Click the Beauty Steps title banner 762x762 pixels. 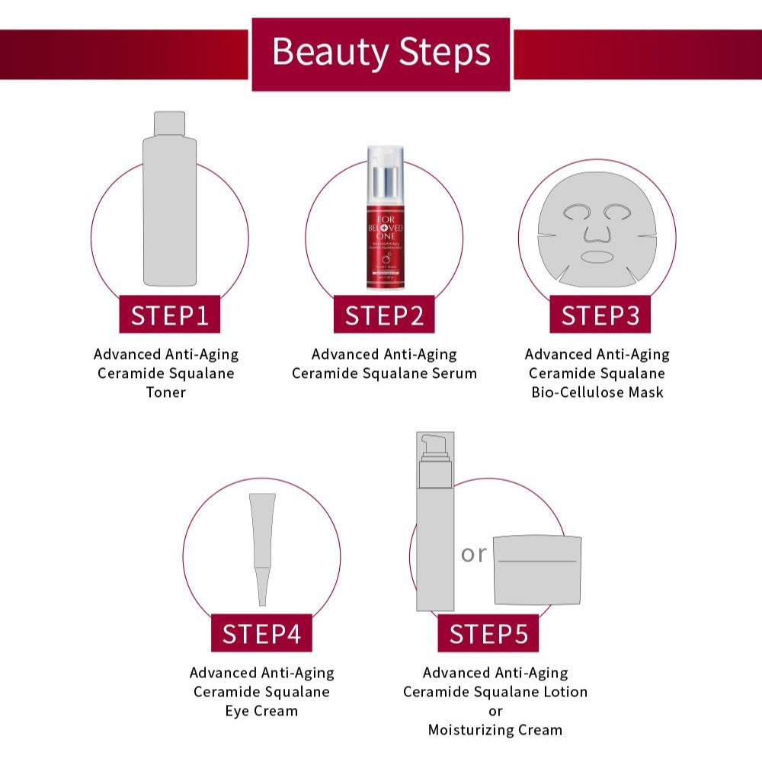coord(380,53)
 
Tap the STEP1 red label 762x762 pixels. coord(169,315)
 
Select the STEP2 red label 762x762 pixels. coord(384,315)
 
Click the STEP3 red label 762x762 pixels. coord(600,315)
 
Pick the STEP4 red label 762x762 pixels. coord(261,633)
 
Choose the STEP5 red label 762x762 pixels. coord(488,633)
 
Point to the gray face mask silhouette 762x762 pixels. coord(597,229)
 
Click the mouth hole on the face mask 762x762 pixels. coord(597,256)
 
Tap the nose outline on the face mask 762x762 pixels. coord(597,229)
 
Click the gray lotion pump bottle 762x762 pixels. coord(434,533)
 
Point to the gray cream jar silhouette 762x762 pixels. coord(537,570)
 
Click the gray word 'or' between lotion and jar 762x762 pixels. coord(473,554)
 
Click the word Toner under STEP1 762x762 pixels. coord(166,392)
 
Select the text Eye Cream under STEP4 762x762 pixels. coord(261,711)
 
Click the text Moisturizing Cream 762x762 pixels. coord(495,730)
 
